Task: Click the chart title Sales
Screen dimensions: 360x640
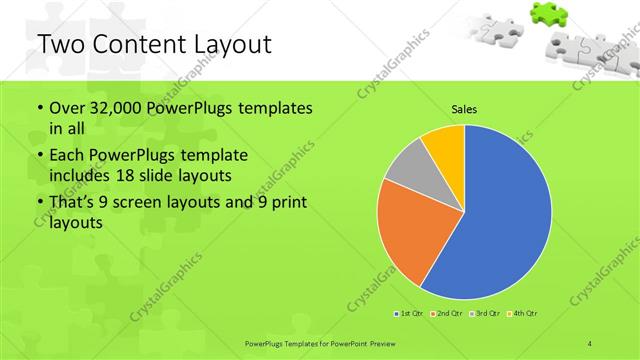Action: (x=464, y=108)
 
